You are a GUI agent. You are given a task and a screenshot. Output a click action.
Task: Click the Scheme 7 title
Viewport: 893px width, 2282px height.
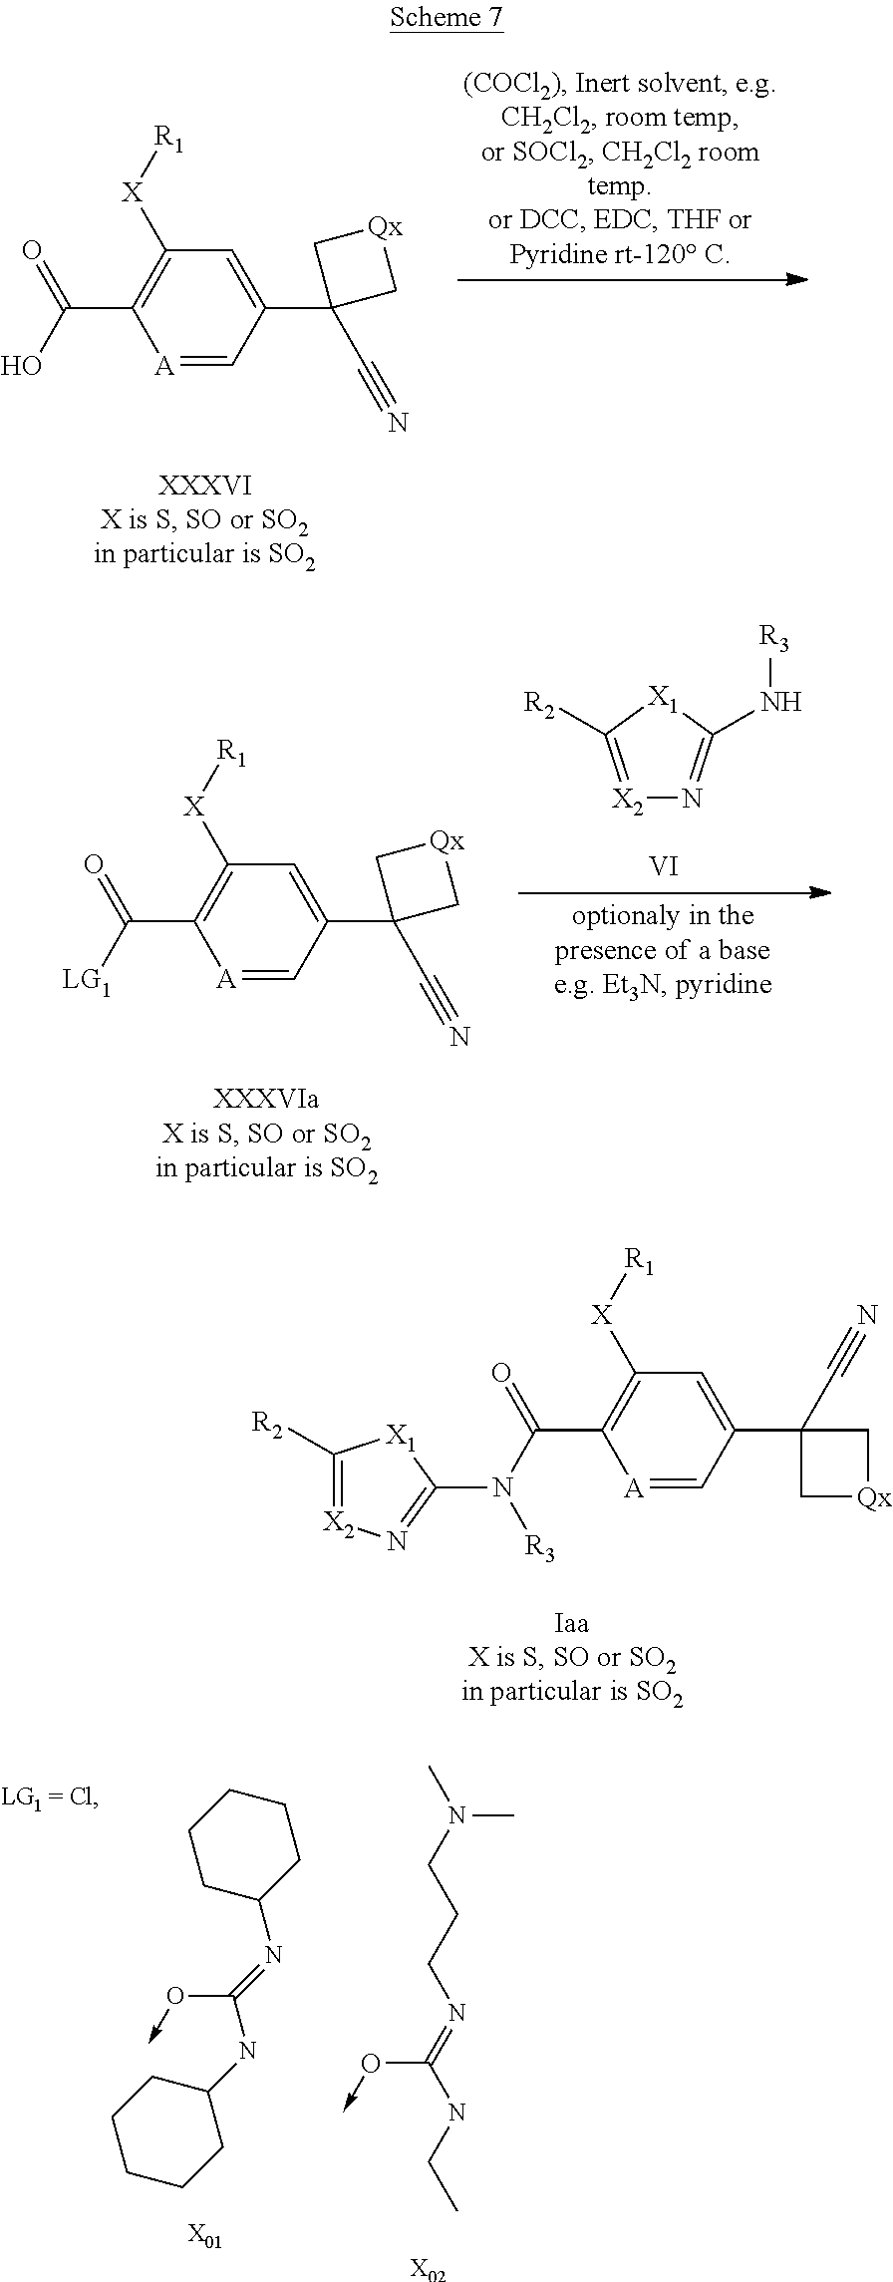(x=446, y=17)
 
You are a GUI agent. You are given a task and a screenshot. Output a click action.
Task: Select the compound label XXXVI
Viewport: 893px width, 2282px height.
(x=205, y=486)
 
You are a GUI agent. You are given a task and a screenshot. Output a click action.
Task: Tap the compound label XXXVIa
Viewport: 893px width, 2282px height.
(x=266, y=1099)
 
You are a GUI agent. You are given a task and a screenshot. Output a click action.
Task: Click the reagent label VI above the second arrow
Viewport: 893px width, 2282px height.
(x=664, y=866)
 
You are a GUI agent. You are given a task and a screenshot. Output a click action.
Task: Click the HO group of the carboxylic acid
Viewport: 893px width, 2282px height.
(x=21, y=366)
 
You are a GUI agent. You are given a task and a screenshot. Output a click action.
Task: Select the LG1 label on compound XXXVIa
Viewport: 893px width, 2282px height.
(x=86, y=981)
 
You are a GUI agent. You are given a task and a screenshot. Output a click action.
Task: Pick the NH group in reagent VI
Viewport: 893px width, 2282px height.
(x=780, y=702)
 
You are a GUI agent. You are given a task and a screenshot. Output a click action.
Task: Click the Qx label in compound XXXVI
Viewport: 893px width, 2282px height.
(x=385, y=227)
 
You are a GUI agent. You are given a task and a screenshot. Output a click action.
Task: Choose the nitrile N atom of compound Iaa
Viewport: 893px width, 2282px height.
(x=867, y=1315)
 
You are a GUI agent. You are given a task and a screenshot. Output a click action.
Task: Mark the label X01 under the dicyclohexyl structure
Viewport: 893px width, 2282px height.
(x=205, y=2236)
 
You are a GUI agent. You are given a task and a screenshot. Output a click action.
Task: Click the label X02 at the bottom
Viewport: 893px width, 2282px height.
(x=429, y=2270)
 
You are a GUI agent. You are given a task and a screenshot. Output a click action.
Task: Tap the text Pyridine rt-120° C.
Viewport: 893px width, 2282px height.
(x=619, y=254)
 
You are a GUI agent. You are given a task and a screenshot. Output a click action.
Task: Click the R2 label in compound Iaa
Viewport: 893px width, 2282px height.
(x=267, y=1423)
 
